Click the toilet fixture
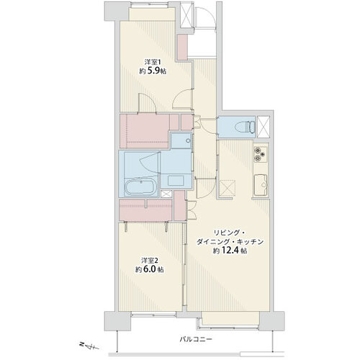point(246,126)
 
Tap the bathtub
point(140,186)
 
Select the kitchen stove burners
point(261,153)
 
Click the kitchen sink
point(261,184)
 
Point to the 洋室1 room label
point(153,62)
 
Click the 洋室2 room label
point(150,261)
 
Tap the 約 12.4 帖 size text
point(230,251)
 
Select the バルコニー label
point(196,339)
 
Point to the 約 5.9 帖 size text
point(153,71)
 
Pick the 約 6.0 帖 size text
point(150,269)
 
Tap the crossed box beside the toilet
point(264,127)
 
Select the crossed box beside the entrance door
point(186,15)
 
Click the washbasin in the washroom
point(176,180)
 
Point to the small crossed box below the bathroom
point(166,194)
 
